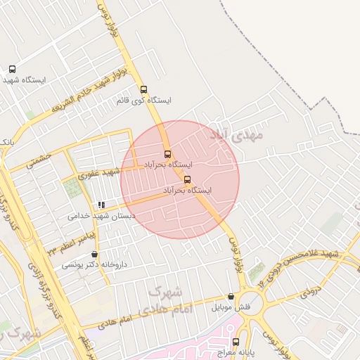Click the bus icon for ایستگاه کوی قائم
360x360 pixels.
[144, 90]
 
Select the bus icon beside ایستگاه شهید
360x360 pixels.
[12, 69]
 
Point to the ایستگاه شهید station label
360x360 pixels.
[24, 80]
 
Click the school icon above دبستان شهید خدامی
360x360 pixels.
[102, 205]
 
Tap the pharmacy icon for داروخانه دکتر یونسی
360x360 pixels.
[95, 255]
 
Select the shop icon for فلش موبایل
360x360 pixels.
[231, 297]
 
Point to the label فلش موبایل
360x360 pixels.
[231, 307]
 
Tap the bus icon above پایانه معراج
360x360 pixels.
[236, 342]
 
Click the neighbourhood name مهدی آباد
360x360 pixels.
[236, 134]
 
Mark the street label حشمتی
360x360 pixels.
[39, 161]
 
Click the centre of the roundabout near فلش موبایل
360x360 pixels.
[255, 304]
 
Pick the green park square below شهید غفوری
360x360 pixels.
[72, 188]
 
